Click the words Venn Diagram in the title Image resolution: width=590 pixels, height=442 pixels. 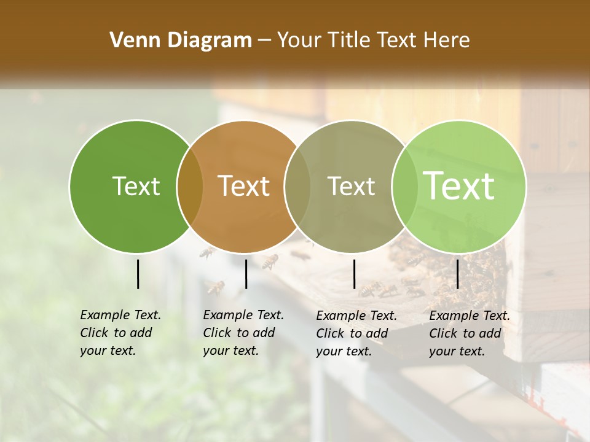[x=181, y=41]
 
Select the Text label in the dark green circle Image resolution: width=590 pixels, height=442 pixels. [x=136, y=186]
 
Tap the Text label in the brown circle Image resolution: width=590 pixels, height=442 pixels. [x=244, y=186]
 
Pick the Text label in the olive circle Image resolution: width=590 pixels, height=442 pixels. [x=351, y=186]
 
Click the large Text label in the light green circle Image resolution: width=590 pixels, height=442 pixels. [x=459, y=186]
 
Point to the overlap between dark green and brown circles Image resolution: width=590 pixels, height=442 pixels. [x=190, y=187]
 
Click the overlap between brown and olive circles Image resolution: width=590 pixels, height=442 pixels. [x=297, y=187]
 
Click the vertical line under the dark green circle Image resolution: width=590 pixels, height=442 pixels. [x=138, y=274]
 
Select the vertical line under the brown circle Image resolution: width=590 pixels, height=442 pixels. [x=246, y=274]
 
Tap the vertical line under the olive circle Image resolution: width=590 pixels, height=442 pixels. [x=355, y=274]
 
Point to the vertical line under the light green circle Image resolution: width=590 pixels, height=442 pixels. [x=458, y=274]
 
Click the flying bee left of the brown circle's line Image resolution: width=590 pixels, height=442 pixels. [x=215, y=287]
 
